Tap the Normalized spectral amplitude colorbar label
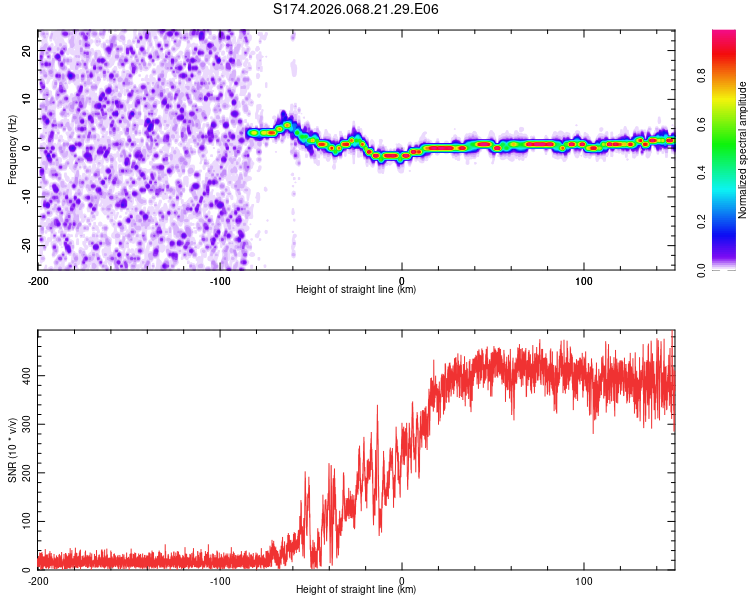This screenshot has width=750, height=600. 743,150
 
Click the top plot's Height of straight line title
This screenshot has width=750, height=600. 356,289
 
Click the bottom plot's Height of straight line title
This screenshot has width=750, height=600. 356,589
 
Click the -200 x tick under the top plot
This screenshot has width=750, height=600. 38,279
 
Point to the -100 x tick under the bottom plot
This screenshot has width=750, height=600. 220,579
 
